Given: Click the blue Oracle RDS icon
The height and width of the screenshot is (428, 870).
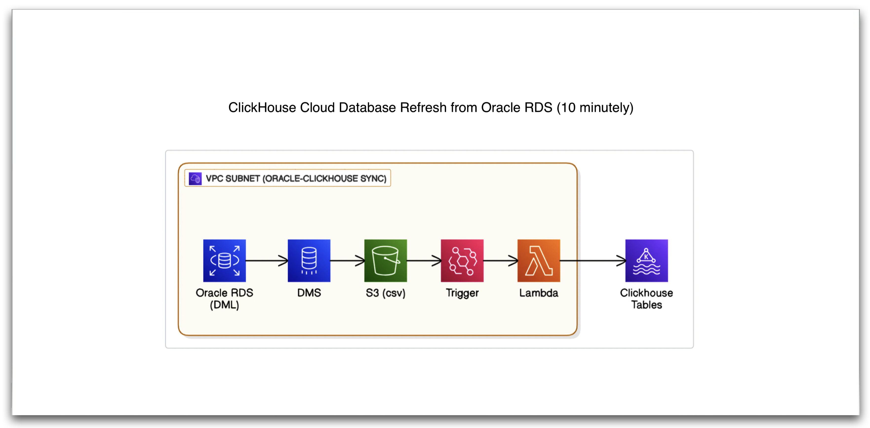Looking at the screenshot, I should pos(224,260).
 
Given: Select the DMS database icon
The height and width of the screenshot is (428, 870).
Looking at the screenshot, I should pos(309,260).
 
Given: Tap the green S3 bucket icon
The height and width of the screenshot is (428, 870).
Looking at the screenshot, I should pos(385,260).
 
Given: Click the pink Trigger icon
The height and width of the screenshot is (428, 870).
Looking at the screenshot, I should pos(462,260).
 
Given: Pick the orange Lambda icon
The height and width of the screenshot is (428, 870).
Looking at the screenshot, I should pos(539,260).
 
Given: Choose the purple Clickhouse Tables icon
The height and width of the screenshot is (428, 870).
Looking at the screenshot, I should pos(646,260).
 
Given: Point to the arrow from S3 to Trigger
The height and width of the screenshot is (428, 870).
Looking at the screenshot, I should pos(423,260).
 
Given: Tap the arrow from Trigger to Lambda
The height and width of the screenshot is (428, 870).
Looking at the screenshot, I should pos(500,260).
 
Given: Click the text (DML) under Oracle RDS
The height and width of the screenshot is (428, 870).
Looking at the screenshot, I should pos(224,305).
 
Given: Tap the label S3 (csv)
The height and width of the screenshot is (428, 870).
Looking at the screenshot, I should pos(385,293).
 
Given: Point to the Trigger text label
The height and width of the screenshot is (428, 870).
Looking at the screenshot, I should pos(462,293).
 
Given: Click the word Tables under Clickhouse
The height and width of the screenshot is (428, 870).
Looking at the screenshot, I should pos(646,305).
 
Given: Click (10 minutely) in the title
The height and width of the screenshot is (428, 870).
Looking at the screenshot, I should pos(595,107).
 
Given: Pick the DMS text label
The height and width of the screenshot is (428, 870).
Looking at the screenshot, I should pos(309,293).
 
